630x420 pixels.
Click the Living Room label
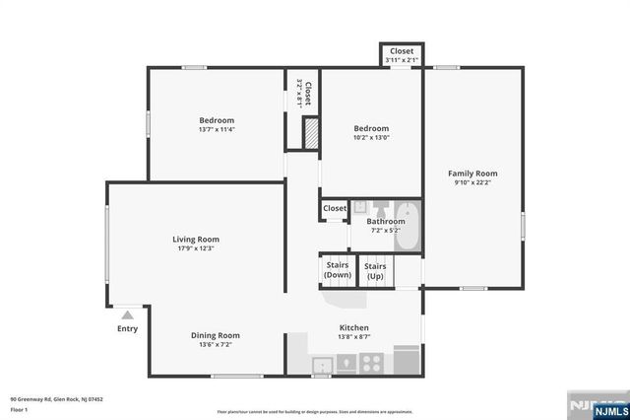196,239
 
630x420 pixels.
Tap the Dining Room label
215,335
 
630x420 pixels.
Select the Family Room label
473,173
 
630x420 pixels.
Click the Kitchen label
353,327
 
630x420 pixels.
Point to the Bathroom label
385,222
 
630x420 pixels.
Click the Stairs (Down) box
338,270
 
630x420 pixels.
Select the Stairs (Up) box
375,270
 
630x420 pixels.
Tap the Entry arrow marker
127,315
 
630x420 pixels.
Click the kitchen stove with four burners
371,363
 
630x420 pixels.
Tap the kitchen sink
322,366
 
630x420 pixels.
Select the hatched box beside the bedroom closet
311,134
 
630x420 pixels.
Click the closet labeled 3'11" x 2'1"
402,55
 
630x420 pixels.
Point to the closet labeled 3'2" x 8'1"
306,94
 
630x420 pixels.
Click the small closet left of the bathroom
335,209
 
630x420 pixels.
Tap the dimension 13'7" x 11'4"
217,129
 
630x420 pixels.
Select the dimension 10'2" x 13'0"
371,137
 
